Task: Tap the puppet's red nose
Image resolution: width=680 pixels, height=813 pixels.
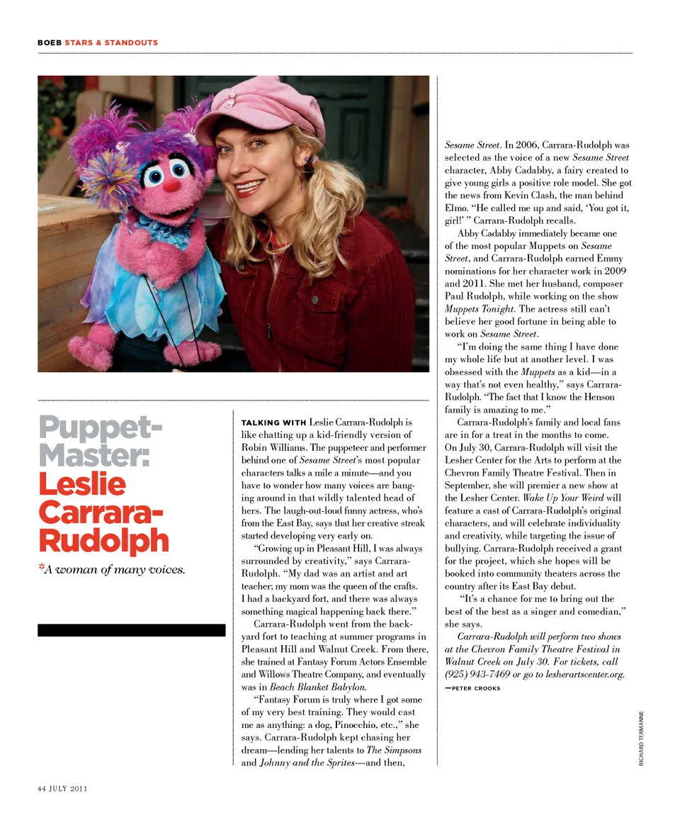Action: tap(172, 185)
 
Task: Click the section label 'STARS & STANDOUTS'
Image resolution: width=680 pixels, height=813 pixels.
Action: tap(111, 43)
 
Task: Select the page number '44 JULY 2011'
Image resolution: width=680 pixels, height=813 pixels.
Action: tap(62, 787)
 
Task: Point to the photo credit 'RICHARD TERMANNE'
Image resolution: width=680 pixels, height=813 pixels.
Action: tap(642, 737)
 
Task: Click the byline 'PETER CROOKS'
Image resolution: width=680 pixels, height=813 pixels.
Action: tap(475, 688)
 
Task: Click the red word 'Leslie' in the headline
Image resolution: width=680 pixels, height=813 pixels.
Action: tap(81, 484)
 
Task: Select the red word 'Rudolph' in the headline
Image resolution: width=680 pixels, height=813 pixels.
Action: tap(103, 541)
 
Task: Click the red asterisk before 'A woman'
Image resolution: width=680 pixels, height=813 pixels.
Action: tap(41, 569)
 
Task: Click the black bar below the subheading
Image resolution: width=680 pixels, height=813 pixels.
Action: tap(131, 630)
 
